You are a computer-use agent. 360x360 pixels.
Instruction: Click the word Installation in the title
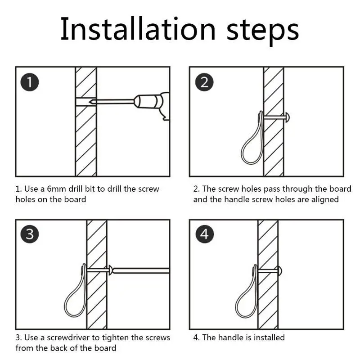(x=138, y=29)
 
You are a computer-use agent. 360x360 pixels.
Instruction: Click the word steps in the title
(x=263, y=31)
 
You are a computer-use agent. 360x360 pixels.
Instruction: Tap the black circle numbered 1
(x=30, y=82)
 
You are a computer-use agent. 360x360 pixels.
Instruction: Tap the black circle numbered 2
(x=204, y=82)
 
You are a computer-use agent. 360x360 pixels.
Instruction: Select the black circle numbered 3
(x=30, y=234)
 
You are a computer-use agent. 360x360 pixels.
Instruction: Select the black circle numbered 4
(x=204, y=234)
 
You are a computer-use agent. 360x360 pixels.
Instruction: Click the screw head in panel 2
(x=287, y=117)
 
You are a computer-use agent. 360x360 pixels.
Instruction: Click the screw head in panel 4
(x=279, y=271)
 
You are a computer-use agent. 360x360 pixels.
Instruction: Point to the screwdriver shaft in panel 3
(x=141, y=270)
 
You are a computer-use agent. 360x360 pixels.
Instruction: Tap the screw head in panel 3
(x=110, y=270)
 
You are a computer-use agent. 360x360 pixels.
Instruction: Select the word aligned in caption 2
(x=325, y=199)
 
